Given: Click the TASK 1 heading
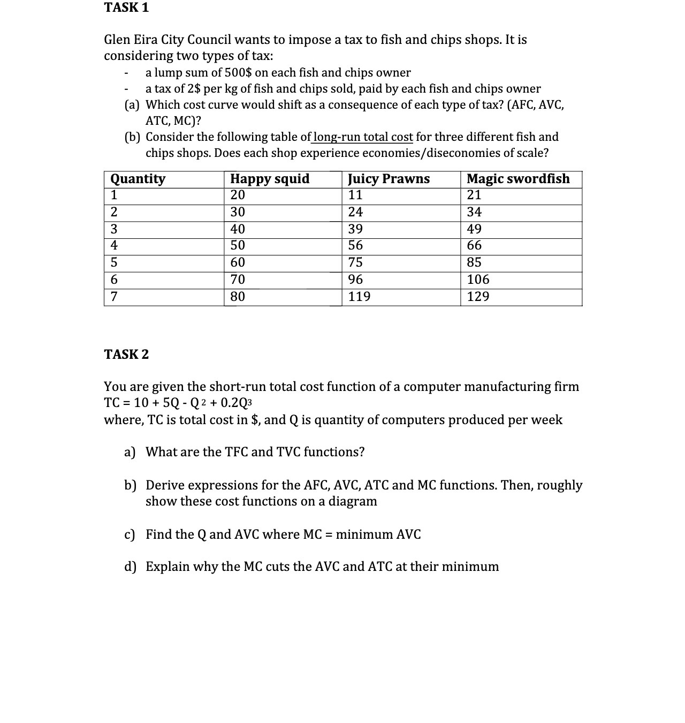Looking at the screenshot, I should point(126,7).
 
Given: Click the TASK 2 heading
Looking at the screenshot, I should point(126,355).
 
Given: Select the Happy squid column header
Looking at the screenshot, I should point(270,179).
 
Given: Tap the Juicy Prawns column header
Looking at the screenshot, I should point(389,179).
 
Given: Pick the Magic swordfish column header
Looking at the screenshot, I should point(518,179).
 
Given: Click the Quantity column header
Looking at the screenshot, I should point(138,179).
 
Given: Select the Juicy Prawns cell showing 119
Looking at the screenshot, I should point(359,297).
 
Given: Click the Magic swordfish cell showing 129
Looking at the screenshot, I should point(478,297).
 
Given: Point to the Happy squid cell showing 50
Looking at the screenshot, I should point(238,246).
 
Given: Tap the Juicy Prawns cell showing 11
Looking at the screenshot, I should point(355,195).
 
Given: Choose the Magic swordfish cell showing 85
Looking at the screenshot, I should point(474,262).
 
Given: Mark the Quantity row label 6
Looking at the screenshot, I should point(114,280).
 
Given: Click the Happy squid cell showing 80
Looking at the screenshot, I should point(238,297).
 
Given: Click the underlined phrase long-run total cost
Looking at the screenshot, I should point(363,137).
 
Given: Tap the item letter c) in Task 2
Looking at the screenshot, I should point(130,534).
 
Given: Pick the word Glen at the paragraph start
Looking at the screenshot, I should point(117,40).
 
